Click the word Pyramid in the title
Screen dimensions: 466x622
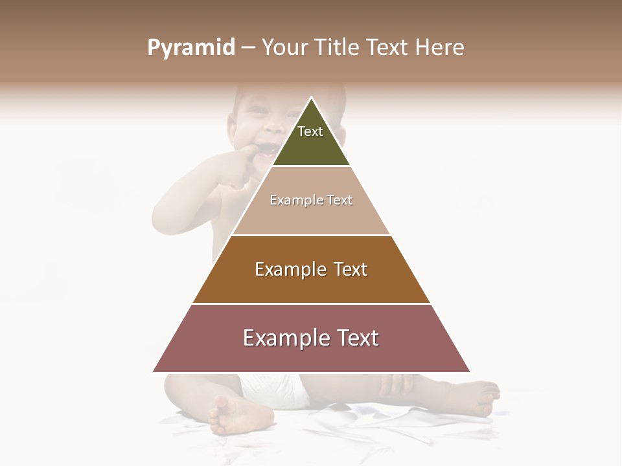pos(190,48)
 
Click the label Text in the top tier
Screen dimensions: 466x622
pos(310,131)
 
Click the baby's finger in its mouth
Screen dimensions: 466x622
pos(254,153)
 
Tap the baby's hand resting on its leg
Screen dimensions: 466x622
pos(395,385)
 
